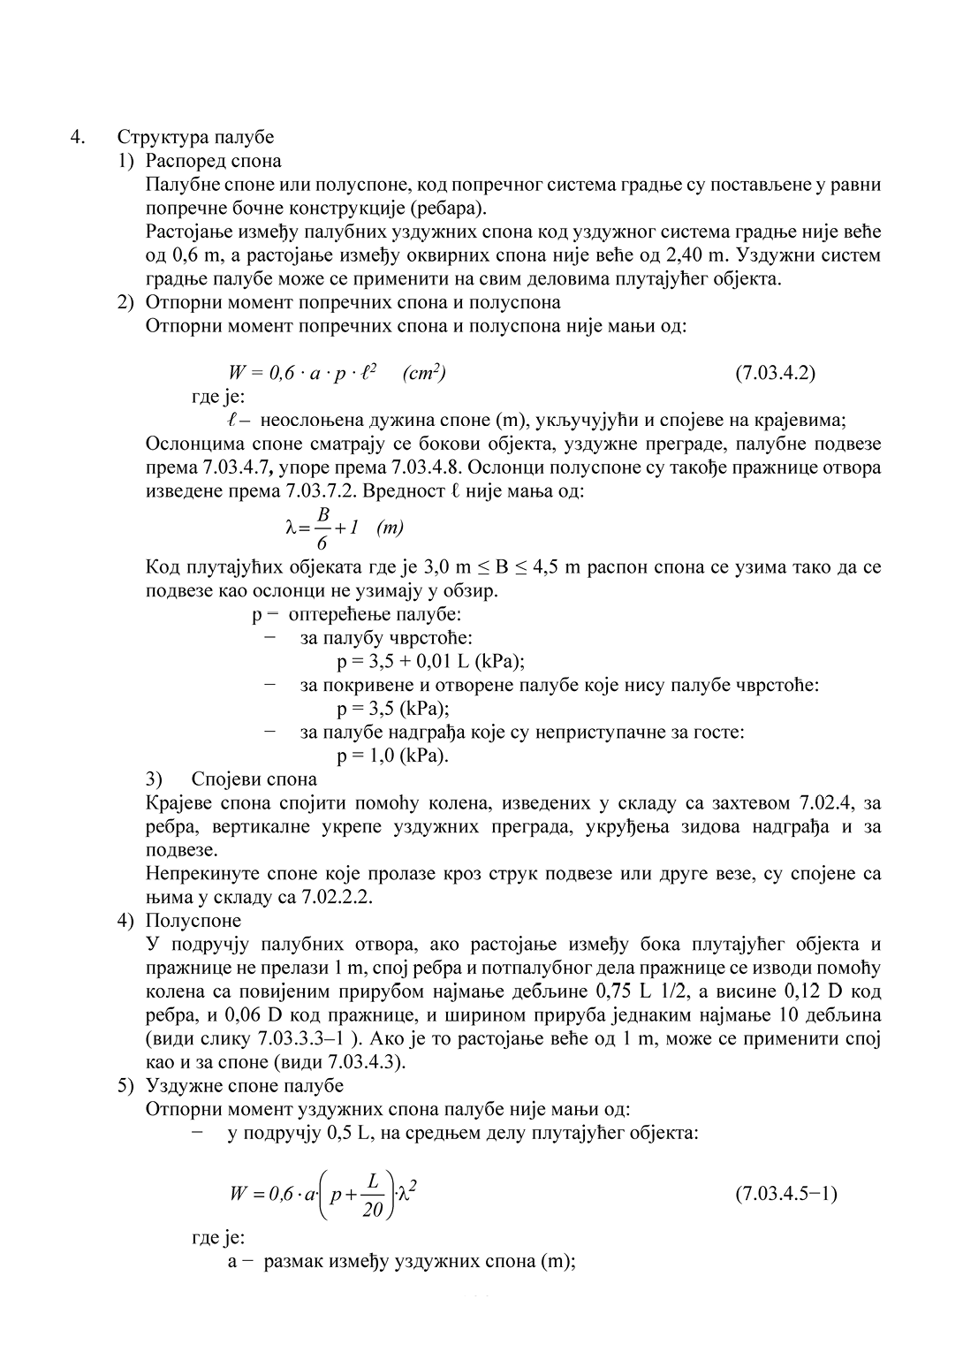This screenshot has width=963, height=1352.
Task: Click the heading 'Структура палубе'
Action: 195,137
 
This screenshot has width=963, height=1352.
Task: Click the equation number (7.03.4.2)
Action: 775,372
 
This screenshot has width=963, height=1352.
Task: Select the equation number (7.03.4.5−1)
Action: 785,1194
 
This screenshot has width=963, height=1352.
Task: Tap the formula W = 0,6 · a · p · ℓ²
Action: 303,373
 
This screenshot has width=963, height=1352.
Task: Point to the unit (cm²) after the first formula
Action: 423,373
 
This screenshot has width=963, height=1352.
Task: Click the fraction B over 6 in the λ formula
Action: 322,528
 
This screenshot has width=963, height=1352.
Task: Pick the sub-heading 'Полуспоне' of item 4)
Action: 193,921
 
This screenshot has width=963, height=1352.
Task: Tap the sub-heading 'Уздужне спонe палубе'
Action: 244,1085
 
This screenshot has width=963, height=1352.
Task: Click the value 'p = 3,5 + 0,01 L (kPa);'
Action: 431,661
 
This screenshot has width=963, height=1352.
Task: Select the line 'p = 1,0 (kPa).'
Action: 392,756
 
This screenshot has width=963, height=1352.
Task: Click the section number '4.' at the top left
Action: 80,137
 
